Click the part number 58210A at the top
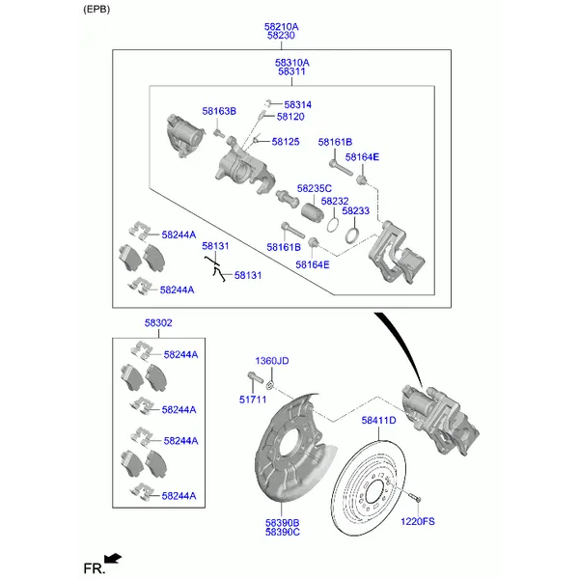[281, 27]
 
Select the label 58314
[298, 104]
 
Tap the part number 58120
[290, 117]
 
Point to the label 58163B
[219, 112]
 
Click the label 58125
[286, 142]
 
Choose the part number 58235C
[315, 189]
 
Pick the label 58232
[335, 202]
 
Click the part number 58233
[355, 211]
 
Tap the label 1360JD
[271, 361]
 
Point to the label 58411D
[379, 421]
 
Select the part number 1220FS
[418, 522]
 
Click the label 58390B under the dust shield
[283, 522]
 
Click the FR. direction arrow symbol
[112, 558]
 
